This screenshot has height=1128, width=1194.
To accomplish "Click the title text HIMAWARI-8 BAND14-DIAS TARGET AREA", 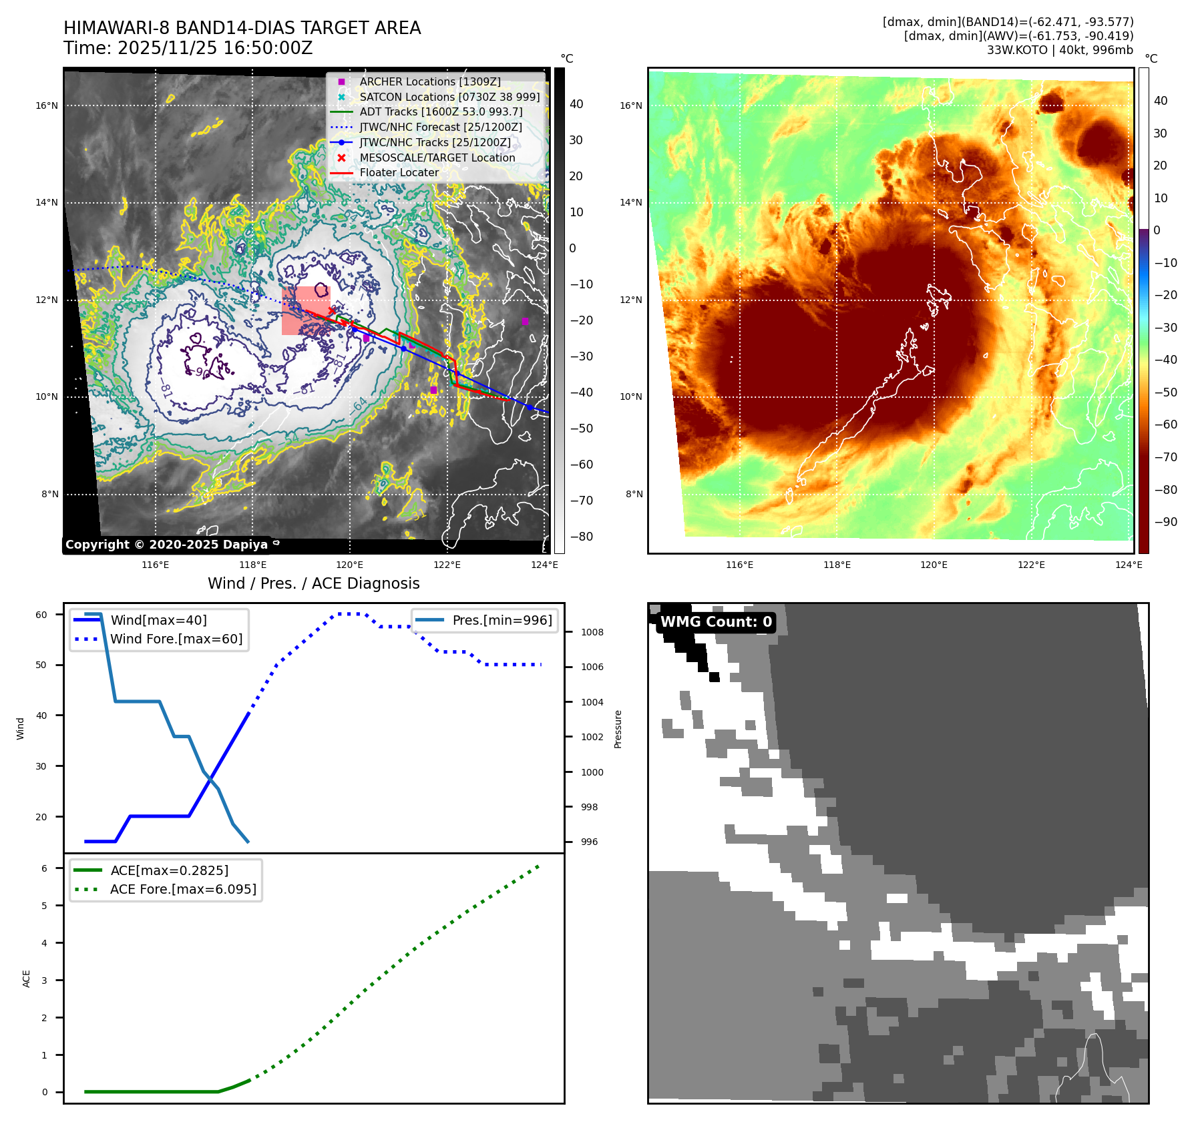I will click(242, 28).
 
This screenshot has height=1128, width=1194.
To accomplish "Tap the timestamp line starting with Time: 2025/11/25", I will click(188, 48).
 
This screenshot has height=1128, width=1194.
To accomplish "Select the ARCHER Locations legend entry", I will click(429, 81).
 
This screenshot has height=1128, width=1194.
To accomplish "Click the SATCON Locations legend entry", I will click(449, 97).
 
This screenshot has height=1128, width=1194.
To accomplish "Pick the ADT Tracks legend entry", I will click(441, 111).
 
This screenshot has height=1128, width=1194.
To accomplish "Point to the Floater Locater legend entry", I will click(399, 172).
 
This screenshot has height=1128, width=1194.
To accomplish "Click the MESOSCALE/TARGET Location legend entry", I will click(437, 158).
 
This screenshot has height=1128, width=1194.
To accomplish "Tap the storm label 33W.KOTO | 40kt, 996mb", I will click(1060, 50).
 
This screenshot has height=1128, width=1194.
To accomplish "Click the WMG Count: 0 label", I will click(716, 622).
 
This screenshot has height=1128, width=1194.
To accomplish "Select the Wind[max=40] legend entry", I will click(158, 620).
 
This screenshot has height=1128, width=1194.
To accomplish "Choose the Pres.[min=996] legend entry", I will click(502, 620).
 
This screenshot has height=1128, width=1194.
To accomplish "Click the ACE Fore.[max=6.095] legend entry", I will click(182, 889).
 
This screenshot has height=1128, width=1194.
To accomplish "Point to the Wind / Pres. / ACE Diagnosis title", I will click(313, 583).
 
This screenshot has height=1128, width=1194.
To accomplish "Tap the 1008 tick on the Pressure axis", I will click(592, 632).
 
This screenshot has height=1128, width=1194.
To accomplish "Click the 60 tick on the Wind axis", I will click(41, 615).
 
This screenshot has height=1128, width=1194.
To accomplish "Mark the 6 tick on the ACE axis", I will click(44, 868).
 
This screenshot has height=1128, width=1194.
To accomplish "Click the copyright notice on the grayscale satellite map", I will click(166, 545).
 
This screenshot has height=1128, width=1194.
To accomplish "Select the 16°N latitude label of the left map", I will click(47, 105).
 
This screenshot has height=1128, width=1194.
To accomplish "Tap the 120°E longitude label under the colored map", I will click(934, 565).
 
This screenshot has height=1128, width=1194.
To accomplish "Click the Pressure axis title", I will click(618, 729).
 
